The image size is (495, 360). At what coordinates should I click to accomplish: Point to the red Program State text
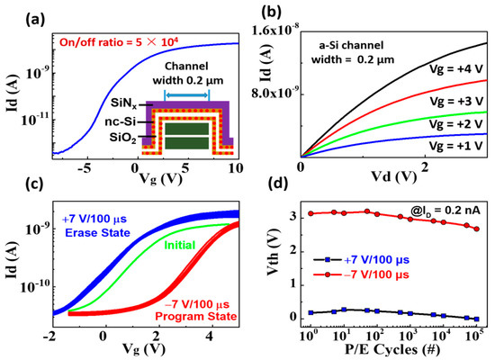click(x=193, y=317)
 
